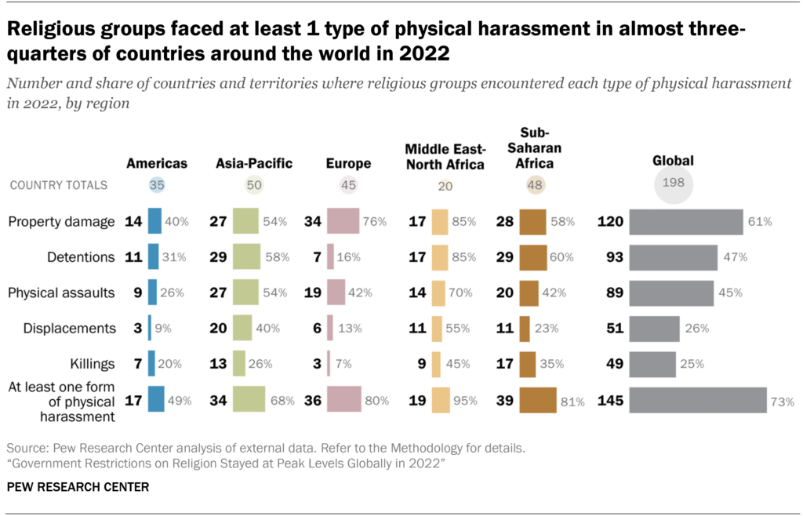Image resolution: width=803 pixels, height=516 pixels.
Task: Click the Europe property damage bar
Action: click(343, 221)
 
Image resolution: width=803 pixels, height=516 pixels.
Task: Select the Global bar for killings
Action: click(652, 364)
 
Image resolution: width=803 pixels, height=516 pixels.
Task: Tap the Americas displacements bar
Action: click(150, 329)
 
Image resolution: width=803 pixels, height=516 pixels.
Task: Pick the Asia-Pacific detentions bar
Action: click(246, 257)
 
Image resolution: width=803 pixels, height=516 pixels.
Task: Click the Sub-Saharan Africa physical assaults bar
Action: click(529, 293)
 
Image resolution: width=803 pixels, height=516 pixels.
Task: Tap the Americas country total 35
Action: click(157, 186)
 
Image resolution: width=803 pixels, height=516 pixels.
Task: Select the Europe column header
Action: click(348, 164)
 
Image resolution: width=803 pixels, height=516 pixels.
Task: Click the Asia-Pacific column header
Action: click(254, 164)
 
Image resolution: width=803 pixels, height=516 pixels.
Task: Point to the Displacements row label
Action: click(61, 329)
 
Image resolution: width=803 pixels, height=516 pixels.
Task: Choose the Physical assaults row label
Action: click(61, 293)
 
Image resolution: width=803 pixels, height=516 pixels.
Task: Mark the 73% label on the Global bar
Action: click(782, 401)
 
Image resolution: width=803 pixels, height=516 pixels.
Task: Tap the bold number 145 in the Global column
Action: click(610, 400)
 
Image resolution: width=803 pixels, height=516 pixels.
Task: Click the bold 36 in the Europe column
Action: click(312, 400)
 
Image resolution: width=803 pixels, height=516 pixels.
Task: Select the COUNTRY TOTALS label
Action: click(58, 186)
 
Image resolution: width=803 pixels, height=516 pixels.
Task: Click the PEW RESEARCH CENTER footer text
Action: click(78, 487)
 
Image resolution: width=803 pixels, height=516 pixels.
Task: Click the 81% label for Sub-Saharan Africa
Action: click(572, 402)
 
